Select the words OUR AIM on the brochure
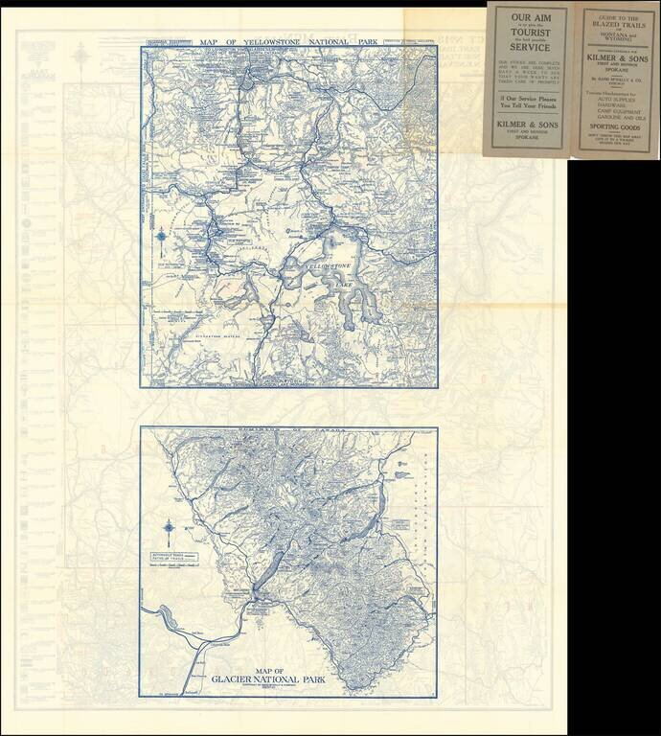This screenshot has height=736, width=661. tap(524, 17)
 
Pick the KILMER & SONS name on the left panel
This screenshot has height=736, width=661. tap(524, 125)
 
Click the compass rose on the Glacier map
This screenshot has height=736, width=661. tap(171, 526)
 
